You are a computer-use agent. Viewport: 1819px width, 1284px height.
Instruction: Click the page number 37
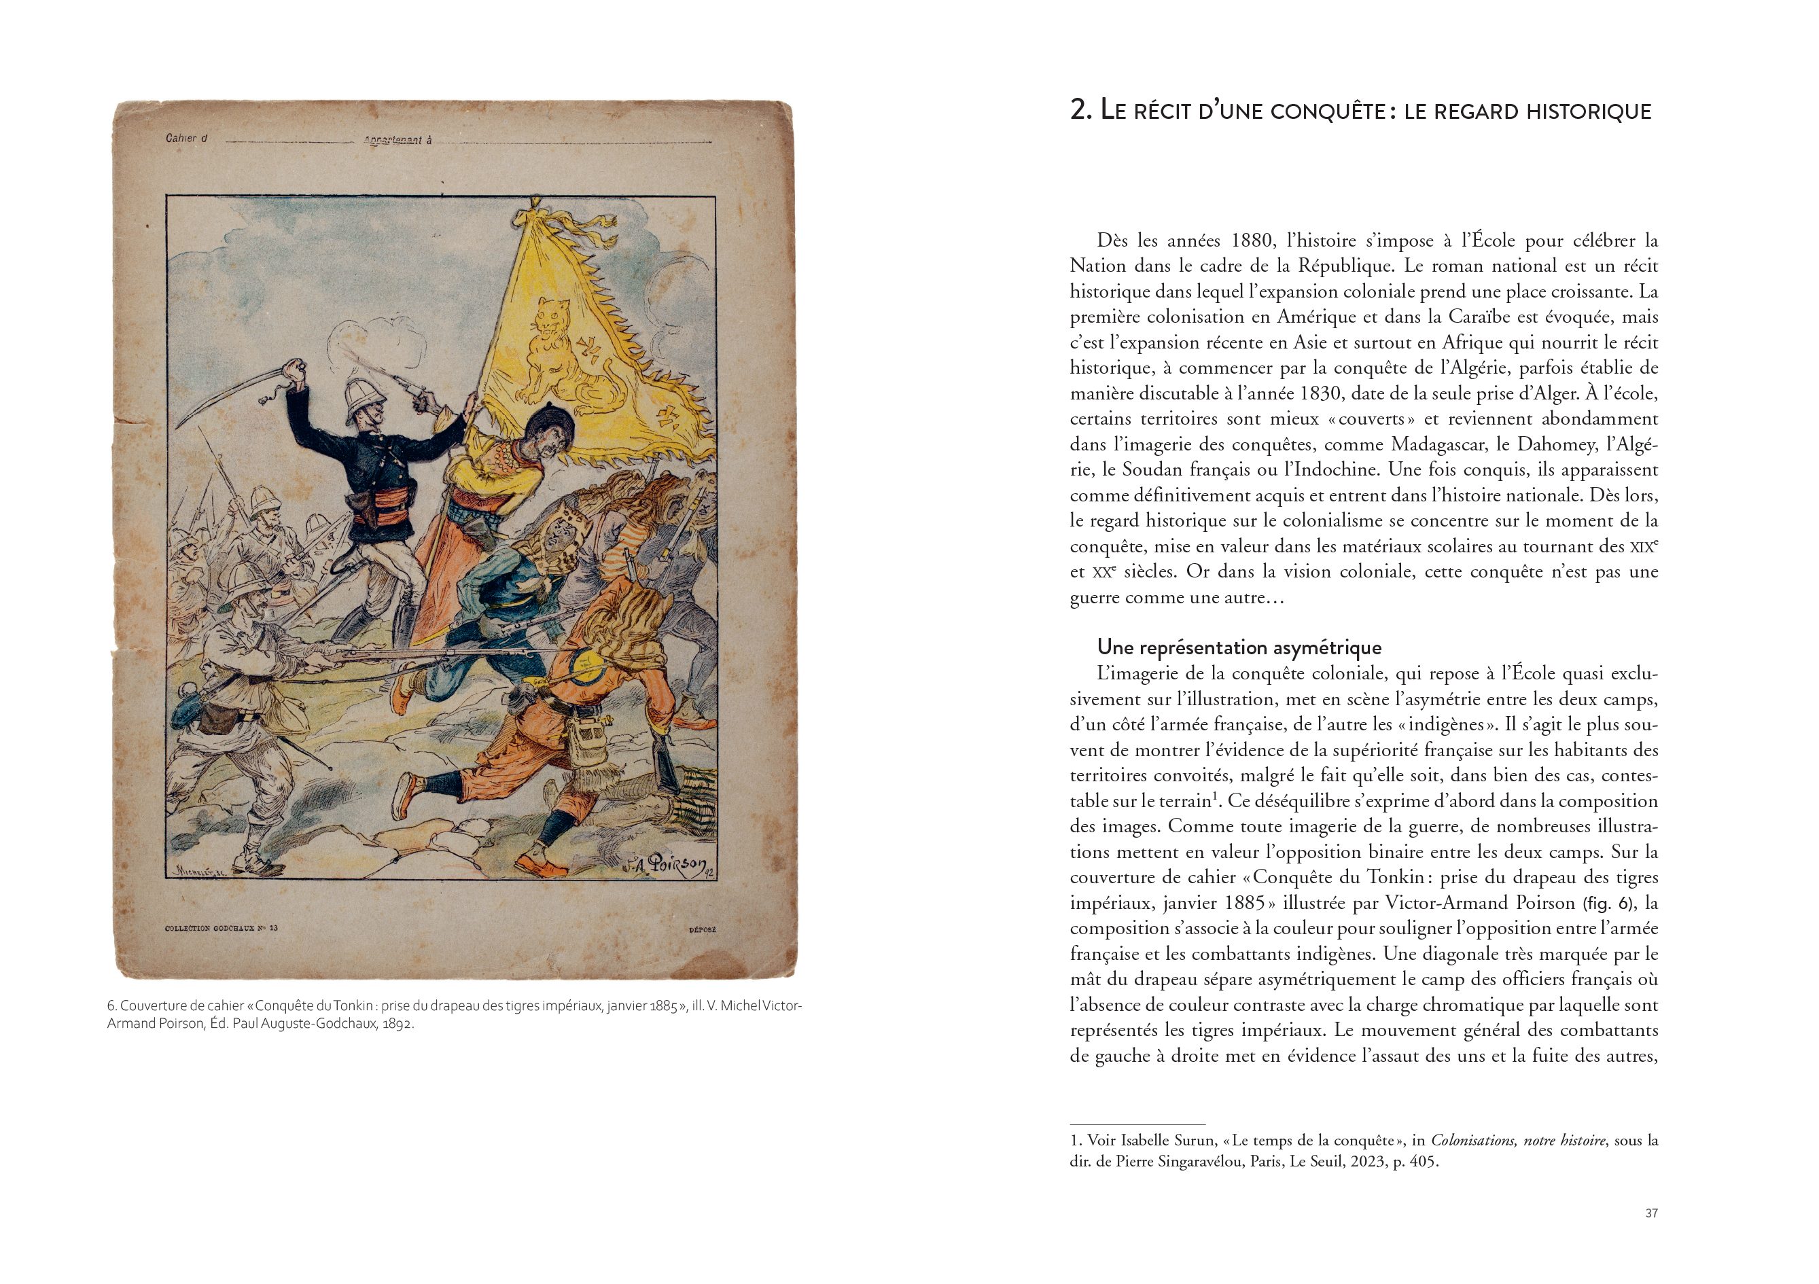coord(1651,1213)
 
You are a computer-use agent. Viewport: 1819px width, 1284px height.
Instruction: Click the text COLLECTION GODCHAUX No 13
coord(221,928)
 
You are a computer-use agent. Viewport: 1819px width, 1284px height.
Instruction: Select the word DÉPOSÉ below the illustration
coord(702,930)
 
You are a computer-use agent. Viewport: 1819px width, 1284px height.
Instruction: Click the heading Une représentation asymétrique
coord(1239,648)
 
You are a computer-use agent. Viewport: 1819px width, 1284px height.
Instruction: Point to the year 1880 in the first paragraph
coord(1252,240)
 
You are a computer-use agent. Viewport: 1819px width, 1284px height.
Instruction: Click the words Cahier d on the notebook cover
coord(186,139)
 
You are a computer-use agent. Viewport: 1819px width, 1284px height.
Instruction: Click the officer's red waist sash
coord(383,501)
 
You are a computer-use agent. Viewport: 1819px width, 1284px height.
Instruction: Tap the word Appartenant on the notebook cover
coord(393,140)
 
